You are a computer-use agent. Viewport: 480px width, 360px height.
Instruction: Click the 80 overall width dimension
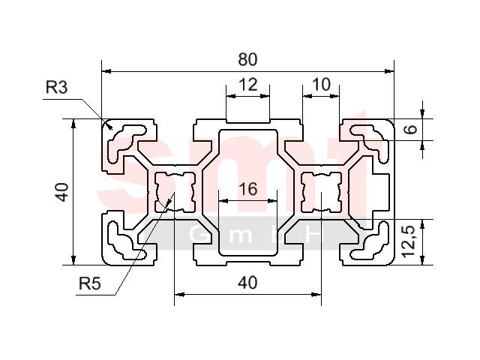click(247, 59)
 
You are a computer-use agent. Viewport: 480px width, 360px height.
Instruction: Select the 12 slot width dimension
click(248, 85)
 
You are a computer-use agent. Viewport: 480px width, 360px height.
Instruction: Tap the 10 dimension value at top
click(322, 84)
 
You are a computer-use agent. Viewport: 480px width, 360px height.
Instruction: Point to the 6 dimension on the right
click(411, 128)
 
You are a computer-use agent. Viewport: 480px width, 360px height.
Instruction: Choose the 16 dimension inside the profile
click(248, 189)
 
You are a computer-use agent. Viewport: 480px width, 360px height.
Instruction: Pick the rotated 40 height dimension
click(62, 192)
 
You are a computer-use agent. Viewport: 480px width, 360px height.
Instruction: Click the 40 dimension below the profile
click(247, 283)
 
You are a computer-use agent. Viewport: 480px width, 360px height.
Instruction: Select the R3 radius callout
click(57, 87)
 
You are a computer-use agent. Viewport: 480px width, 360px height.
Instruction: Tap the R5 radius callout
click(90, 283)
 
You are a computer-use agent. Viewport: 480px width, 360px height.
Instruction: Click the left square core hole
click(175, 192)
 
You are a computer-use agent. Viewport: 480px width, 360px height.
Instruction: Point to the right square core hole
click(322, 192)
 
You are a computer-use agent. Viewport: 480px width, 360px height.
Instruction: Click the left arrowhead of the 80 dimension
click(106, 71)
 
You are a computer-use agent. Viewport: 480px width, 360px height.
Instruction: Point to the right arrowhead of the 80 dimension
click(389, 71)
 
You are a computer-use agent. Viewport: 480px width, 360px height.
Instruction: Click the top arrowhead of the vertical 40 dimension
click(73, 123)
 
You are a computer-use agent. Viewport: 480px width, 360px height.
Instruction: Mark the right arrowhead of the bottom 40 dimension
click(316, 295)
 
